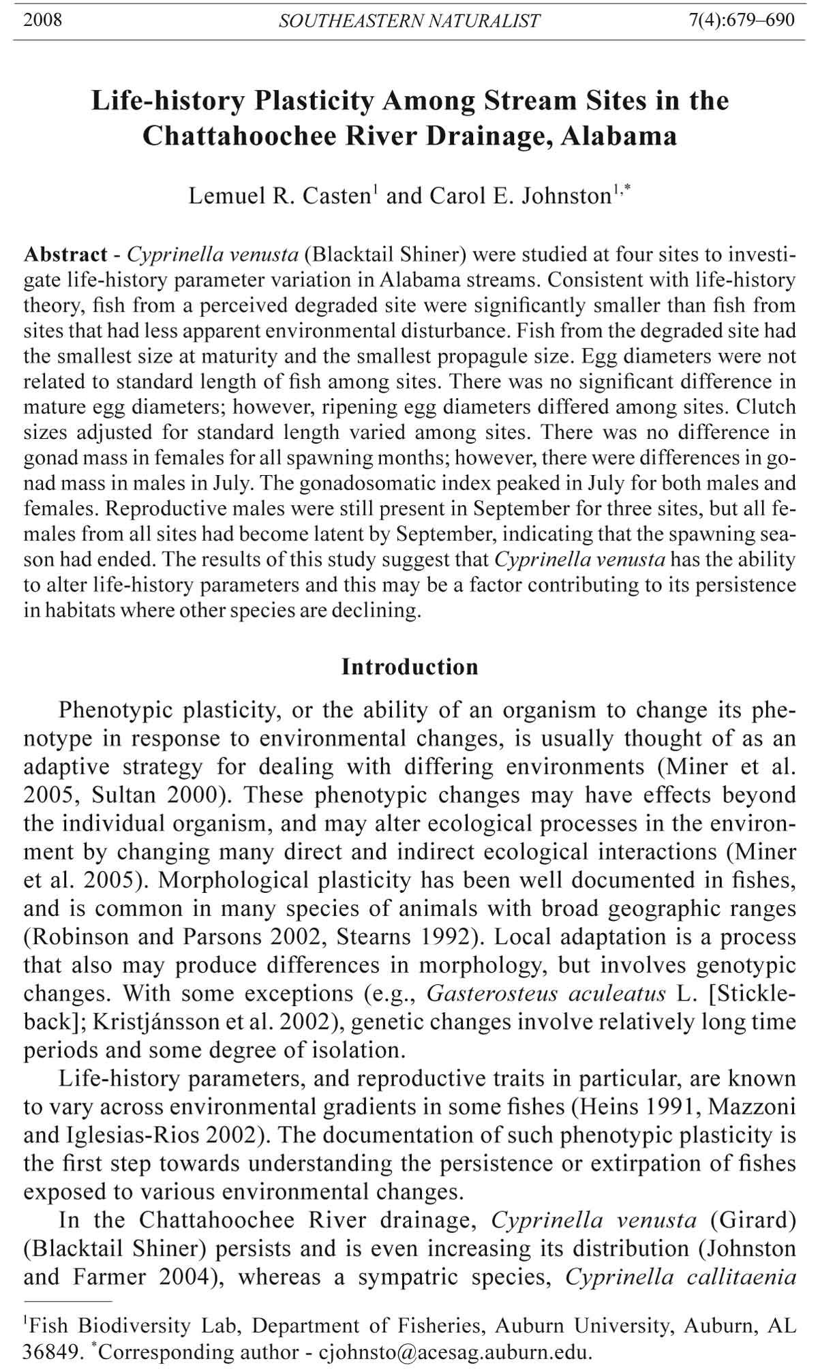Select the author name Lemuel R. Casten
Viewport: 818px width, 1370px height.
coord(279,196)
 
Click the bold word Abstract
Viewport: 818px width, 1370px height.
coord(65,255)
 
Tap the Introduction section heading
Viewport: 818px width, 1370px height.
coord(410,667)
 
